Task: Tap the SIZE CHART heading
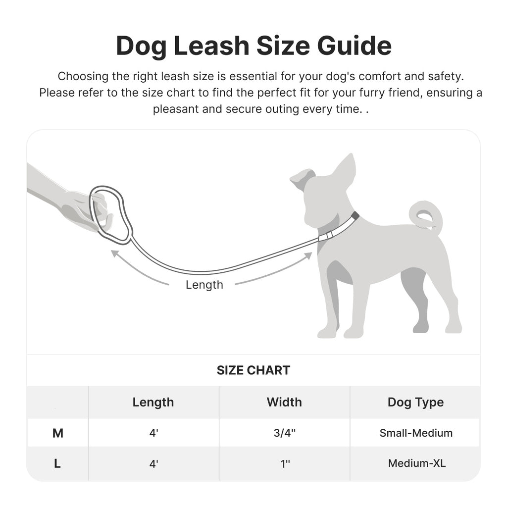point(253,370)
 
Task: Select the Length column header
point(153,402)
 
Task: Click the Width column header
point(284,402)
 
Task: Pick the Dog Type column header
point(415,402)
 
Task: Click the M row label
point(57,433)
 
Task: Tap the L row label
point(57,464)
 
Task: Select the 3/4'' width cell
point(284,433)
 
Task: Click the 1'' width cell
point(284,464)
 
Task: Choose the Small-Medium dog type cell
point(416,433)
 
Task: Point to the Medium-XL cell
point(416,464)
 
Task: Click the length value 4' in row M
point(153,433)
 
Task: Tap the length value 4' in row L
point(153,464)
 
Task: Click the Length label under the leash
point(204,285)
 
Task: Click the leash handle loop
point(111,214)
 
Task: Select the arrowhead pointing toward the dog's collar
point(308,255)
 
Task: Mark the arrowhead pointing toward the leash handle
point(115,253)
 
